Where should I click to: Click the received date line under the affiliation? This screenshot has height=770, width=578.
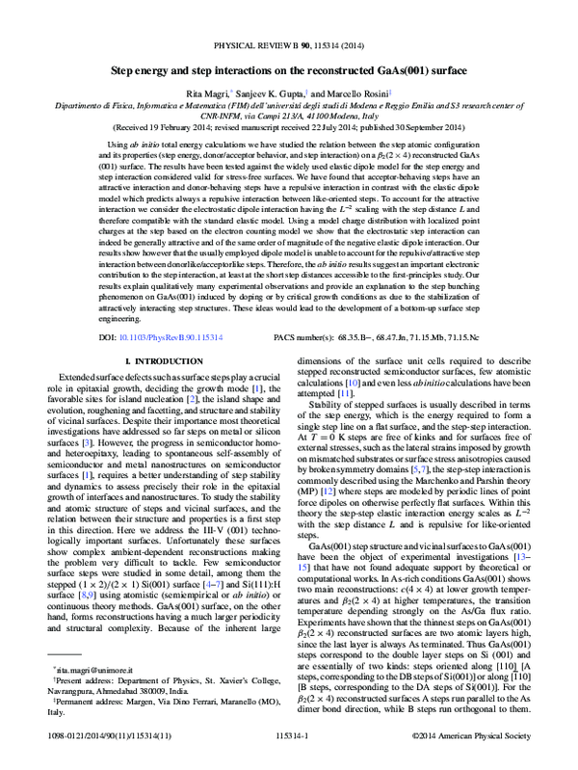(x=288, y=127)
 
